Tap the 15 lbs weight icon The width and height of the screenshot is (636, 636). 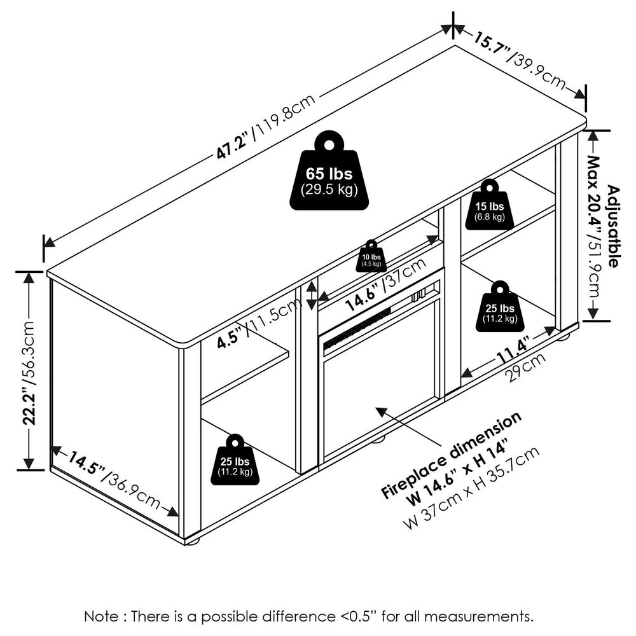tap(489, 206)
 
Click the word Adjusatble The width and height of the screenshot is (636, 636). tap(613, 226)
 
